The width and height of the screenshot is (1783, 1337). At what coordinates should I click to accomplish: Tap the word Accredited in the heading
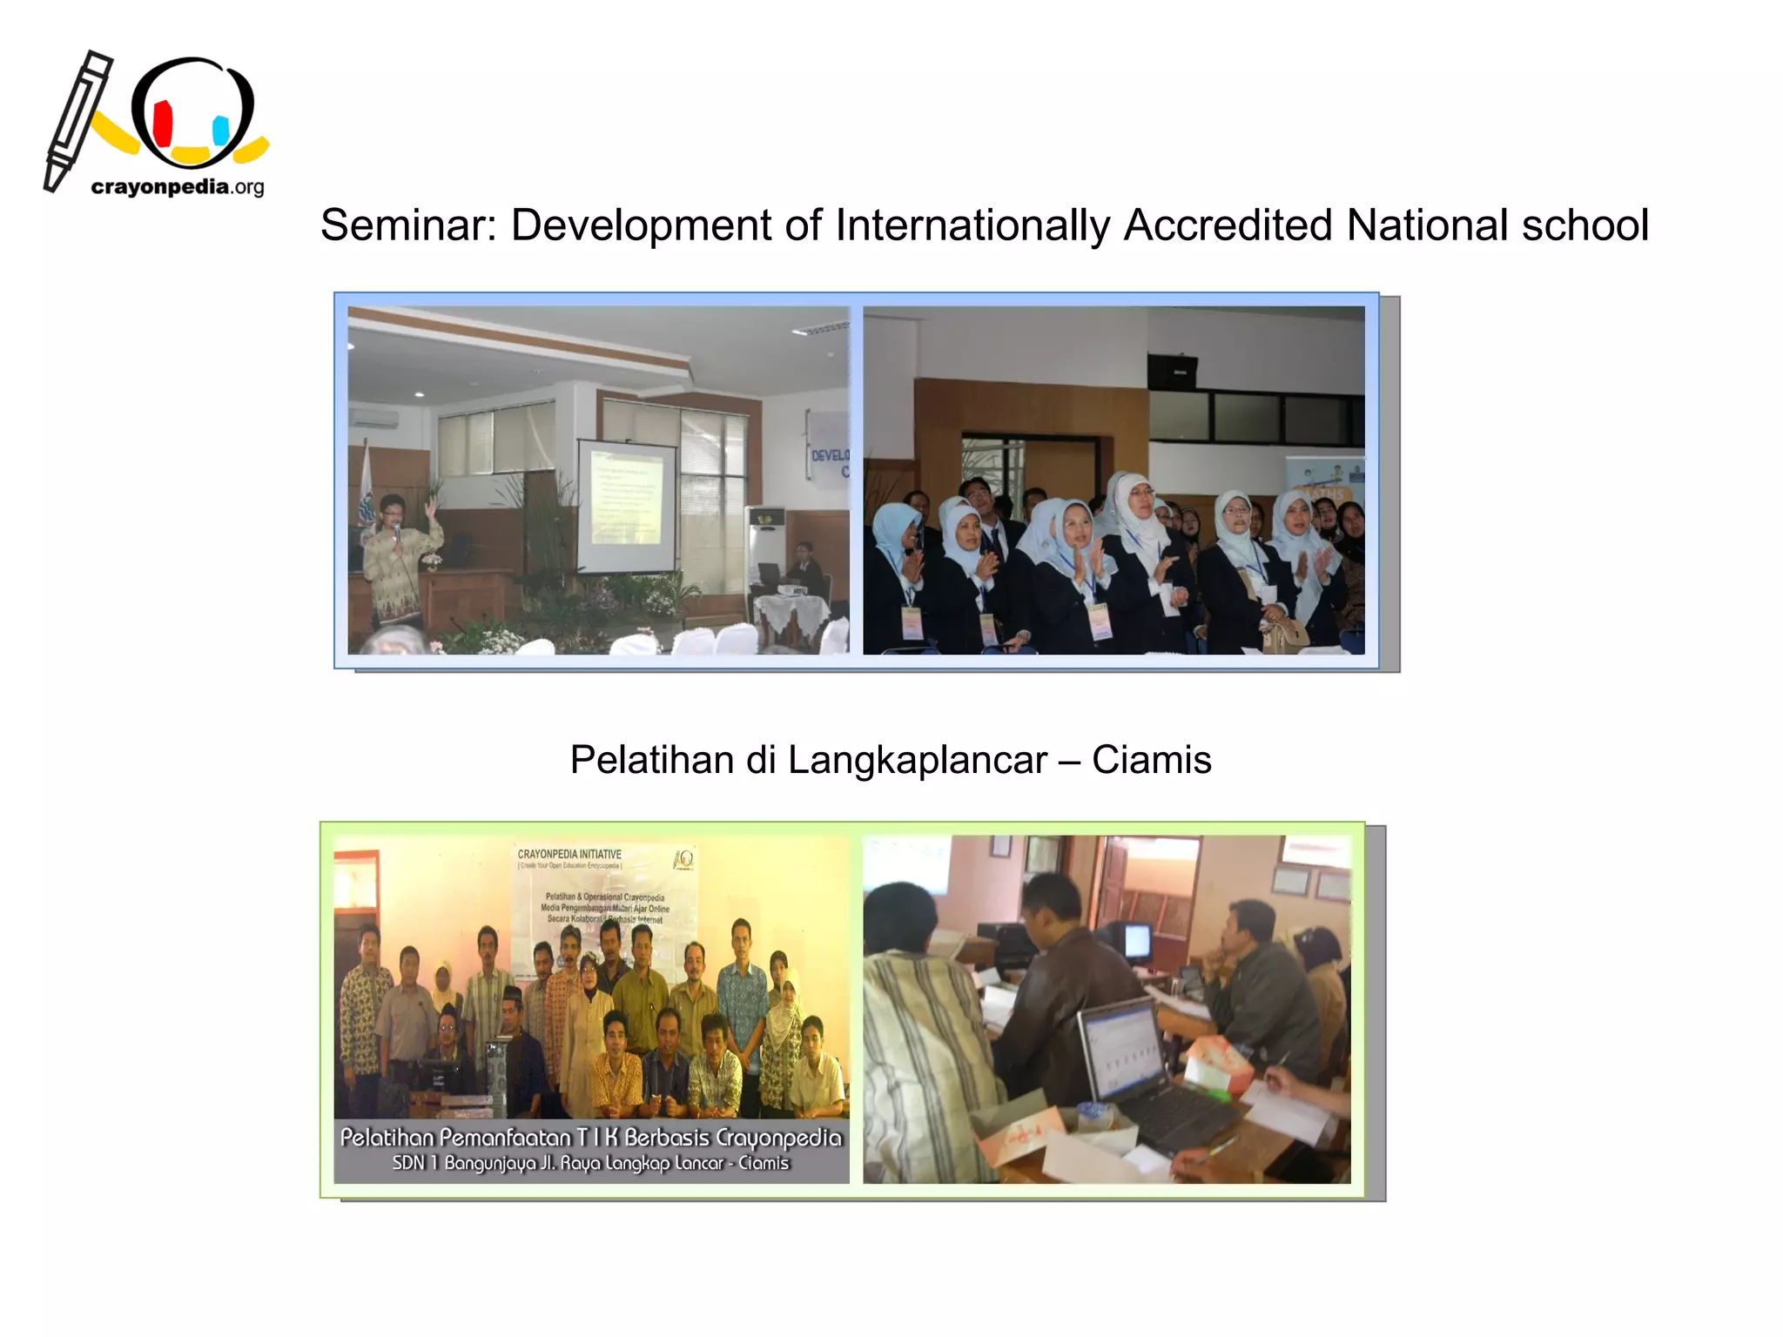tap(1228, 225)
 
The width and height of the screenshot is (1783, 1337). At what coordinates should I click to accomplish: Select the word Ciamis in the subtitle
tap(1151, 760)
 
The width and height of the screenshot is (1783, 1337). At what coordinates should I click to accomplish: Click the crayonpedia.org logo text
tap(177, 187)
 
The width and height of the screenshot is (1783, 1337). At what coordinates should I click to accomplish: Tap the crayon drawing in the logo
tap(76, 122)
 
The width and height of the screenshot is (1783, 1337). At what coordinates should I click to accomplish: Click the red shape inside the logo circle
tap(163, 124)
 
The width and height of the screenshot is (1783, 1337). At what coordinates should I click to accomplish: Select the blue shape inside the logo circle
tap(221, 131)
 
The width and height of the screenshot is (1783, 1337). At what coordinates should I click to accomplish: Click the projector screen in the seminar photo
tap(626, 505)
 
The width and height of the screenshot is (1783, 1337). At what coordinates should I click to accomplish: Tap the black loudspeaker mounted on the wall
tap(1172, 372)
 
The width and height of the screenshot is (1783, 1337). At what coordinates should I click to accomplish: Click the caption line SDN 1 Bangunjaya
tap(590, 1164)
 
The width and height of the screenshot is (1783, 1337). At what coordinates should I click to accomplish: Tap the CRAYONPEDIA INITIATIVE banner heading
tap(569, 854)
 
